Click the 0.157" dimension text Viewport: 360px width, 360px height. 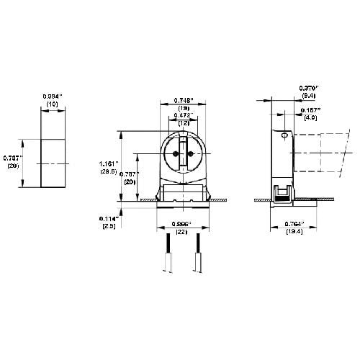click(310, 110)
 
